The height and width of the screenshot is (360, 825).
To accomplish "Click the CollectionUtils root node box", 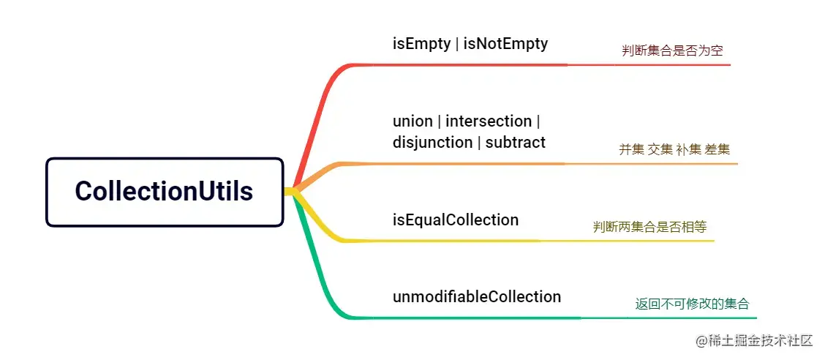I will [x=164, y=192].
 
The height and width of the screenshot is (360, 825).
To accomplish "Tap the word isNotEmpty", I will [x=506, y=43].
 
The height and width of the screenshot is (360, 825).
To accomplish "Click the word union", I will [x=412, y=121].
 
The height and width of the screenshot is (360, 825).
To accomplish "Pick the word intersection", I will [x=489, y=121].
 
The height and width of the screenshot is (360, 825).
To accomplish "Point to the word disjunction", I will [x=432, y=142].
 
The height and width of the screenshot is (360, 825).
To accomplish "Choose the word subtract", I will [x=516, y=142].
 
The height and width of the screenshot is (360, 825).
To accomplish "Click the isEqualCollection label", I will [x=456, y=220].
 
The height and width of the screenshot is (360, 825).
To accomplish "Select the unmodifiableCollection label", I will [x=477, y=296].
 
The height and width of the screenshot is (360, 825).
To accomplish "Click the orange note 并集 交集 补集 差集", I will [x=674, y=149].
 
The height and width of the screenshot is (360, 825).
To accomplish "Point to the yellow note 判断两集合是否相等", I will [x=649, y=227].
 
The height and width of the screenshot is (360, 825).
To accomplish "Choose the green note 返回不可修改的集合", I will [x=693, y=304].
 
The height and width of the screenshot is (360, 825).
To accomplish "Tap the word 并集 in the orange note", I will [x=632, y=149].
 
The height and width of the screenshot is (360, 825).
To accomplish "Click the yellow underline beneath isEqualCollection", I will [x=468, y=241].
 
